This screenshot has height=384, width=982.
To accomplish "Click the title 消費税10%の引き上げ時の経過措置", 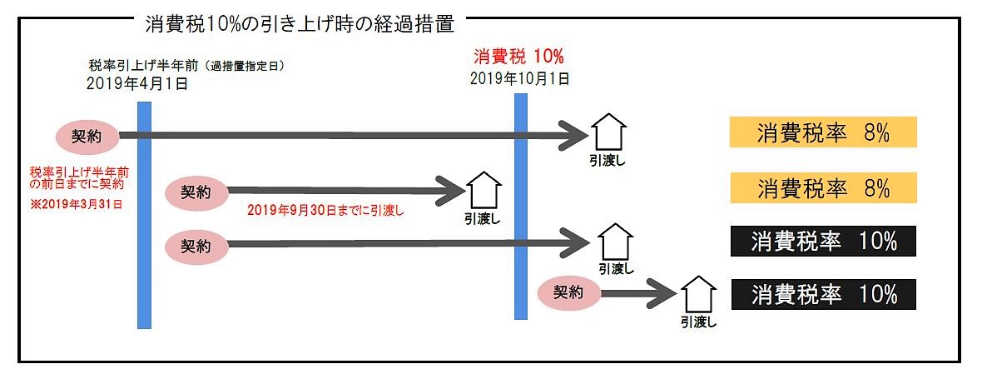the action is (300, 24).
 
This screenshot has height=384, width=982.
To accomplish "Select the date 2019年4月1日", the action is (137, 84).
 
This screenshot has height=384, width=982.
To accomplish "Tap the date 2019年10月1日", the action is (519, 80).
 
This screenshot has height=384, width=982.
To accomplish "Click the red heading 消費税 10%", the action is (518, 57).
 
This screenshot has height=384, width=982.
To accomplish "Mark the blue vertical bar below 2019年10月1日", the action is (521, 207).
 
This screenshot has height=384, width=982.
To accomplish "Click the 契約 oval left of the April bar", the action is (87, 135).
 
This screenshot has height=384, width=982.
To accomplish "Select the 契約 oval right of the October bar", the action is (568, 292).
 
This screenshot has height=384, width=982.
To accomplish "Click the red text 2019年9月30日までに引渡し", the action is (325, 211).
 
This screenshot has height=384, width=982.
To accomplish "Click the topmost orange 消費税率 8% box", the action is (823, 133).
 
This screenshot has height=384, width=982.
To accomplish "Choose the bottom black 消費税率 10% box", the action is (823, 294).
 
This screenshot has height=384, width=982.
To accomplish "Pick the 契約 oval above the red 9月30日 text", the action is (196, 191).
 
